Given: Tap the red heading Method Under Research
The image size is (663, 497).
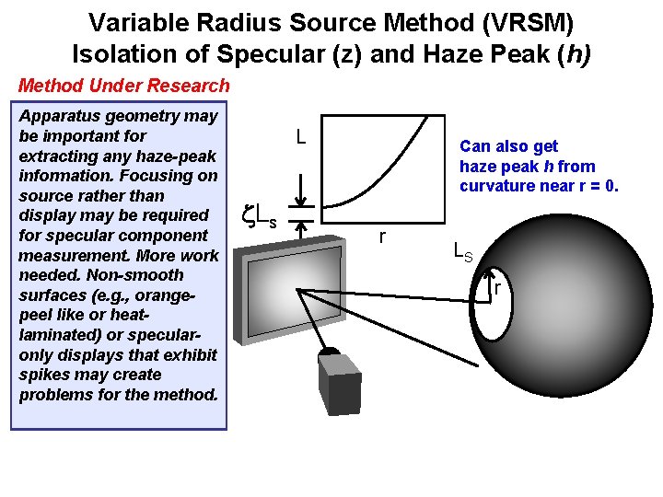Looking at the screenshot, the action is pyautogui.click(x=123, y=86).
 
